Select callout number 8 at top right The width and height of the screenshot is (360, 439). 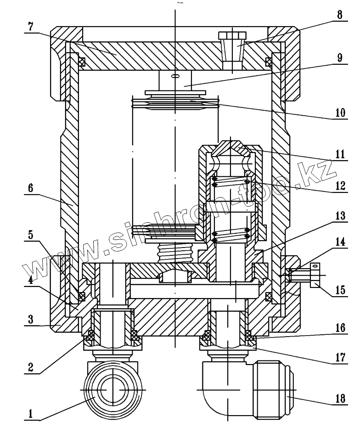(339, 13)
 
